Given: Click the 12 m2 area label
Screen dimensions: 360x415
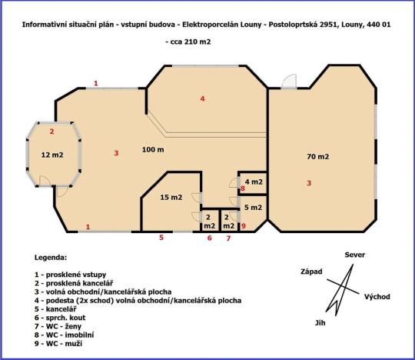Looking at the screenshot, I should click(x=51, y=155).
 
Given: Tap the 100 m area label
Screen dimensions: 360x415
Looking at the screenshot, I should click(x=152, y=148).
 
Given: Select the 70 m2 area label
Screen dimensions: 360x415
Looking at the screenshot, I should click(x=317, y=156).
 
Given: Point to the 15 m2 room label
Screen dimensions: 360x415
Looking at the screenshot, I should click(x=171, y=198).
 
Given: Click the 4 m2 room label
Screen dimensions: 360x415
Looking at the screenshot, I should click(x=254, y=182).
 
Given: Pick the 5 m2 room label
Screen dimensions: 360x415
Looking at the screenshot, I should click(x=253, y=208).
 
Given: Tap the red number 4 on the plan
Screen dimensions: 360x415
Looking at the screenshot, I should click(x=203, y=98).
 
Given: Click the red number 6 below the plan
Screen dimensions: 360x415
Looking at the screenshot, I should click(x=209, y=238).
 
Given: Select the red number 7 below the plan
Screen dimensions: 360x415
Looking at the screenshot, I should click(x=228, y=238).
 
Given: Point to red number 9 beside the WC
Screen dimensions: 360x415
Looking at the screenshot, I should click(x=243, y=226).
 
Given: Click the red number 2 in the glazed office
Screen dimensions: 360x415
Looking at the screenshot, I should click(x=51, y=132).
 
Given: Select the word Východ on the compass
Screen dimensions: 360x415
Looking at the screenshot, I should click(x=377, y=296).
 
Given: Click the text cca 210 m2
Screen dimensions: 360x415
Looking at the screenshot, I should click(x=188, y=42).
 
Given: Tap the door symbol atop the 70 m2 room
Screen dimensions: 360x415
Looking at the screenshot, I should click(x=288, y=80).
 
